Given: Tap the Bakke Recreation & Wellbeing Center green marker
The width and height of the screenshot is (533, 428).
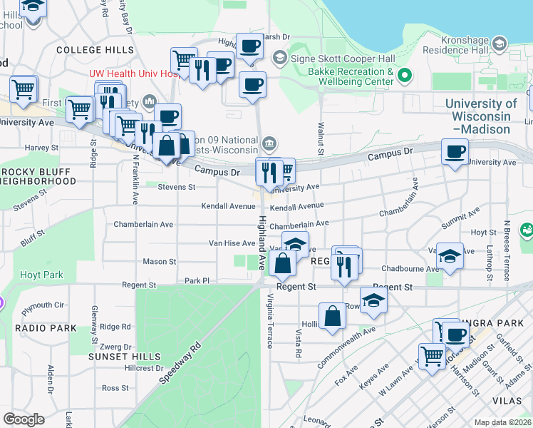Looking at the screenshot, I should coord(405,74).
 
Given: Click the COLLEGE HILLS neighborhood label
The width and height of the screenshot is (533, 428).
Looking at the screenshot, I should coord(95,50).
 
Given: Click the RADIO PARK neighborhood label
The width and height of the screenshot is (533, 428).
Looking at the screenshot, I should coord(45,328).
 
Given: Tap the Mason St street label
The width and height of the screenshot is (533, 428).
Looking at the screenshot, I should coord(160,262).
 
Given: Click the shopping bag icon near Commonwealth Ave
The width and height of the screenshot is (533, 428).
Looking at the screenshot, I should coord(333,315).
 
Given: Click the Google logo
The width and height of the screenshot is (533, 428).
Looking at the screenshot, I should coord(24,419).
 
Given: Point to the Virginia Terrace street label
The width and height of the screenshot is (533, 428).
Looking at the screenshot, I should coord(269,320).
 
